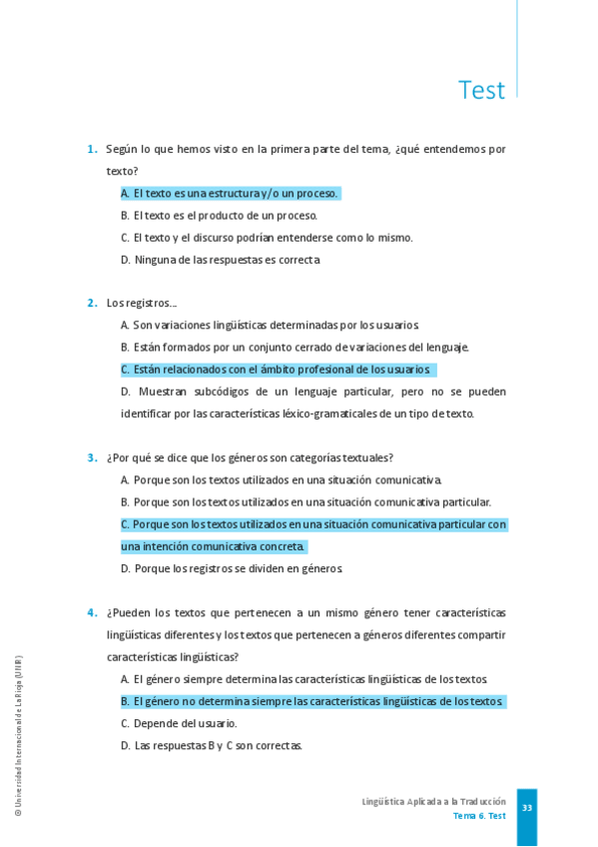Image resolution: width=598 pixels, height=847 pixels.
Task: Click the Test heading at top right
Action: (x=481, y=90)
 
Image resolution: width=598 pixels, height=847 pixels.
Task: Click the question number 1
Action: (x=92, y=149)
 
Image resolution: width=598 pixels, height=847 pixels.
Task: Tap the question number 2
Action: (x=92, y=303)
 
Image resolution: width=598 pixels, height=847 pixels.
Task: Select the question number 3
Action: (x=92, y=457)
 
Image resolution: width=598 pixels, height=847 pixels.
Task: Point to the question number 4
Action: (x=92, y=612)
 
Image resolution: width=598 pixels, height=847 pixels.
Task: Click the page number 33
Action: (x=527, y=807)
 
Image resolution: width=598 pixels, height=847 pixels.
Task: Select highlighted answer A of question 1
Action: (x=231, y=193)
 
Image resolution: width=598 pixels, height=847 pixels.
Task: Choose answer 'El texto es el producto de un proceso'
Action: (x=220, y=215)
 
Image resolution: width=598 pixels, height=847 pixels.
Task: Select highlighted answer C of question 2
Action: (x=277, y=370)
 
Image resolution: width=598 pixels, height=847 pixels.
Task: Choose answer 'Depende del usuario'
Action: (x=179, y=723)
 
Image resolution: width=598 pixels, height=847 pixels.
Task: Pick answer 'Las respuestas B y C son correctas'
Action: (x=212, y=745)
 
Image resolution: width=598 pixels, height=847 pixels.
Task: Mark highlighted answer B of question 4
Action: (x=312, y=701)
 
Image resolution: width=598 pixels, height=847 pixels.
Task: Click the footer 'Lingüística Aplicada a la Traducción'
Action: (x=433, y=801)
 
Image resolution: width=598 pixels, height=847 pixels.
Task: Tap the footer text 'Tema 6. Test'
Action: (x=479, y=815)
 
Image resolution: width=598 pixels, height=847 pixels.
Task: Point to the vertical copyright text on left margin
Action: (x=18, y=736)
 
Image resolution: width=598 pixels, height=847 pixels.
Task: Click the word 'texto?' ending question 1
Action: (x=123, y=171)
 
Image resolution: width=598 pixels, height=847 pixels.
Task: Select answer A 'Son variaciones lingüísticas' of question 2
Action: (x=270, y=325)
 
